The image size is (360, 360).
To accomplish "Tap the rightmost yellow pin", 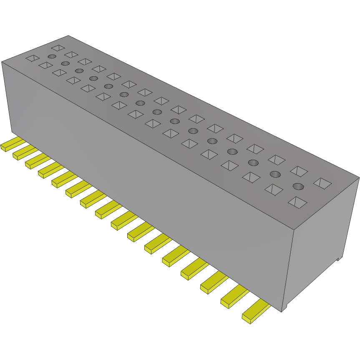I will pos(255,312).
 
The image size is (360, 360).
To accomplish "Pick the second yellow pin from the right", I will pos(234,297).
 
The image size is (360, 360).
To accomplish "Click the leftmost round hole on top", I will pos(52,56).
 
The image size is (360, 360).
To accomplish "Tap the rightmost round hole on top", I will pos(297,186).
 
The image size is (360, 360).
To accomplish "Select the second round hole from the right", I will pos(274,174).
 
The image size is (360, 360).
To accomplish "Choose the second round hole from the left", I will pos(65,63).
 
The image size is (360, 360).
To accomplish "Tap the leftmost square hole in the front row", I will pos(33,58).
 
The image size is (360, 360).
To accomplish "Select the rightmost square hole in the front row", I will pos(298,202).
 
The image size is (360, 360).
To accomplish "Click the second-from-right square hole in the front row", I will pos(274,189).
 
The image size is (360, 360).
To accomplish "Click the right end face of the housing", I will pos(321,242).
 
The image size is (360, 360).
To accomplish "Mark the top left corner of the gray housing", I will pos(2,62).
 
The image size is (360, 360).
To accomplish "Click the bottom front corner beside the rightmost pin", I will pos(282,310).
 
